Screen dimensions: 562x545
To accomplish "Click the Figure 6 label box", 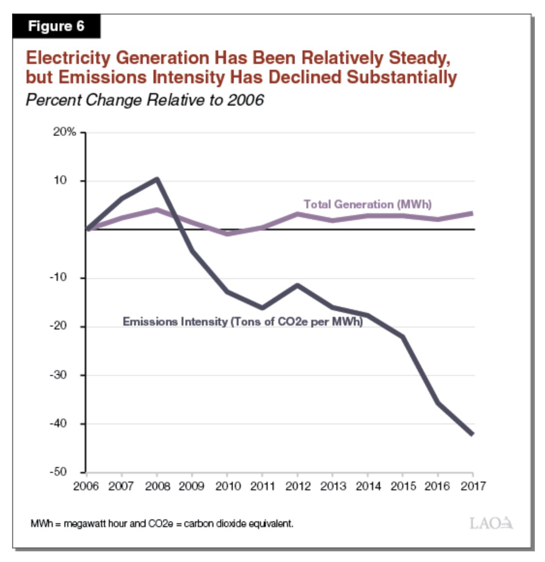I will (56, 26).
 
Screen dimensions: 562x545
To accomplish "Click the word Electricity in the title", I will (68, 58).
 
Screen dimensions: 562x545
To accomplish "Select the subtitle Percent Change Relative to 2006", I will (145, 100).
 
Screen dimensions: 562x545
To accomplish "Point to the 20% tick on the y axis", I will (64, 132).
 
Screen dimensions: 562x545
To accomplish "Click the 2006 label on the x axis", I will (86, 486).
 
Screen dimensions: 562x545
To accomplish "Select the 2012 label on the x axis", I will (298, 486).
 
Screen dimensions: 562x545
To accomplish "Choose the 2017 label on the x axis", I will (473, 486).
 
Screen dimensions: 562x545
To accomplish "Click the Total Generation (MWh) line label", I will (367, 204).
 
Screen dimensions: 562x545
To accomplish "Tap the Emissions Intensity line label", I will (242, 322).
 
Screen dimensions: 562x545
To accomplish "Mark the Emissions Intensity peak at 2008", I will (156, 179).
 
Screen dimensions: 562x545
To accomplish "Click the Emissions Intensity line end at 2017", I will (472, 434).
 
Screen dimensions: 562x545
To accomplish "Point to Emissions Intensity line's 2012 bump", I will (297, 285).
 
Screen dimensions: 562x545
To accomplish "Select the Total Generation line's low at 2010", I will (227, 234).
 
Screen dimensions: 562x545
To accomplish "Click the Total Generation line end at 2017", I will (472, 214).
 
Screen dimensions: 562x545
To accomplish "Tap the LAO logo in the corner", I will (491, 523).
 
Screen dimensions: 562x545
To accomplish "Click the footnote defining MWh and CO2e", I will (162, 524).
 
